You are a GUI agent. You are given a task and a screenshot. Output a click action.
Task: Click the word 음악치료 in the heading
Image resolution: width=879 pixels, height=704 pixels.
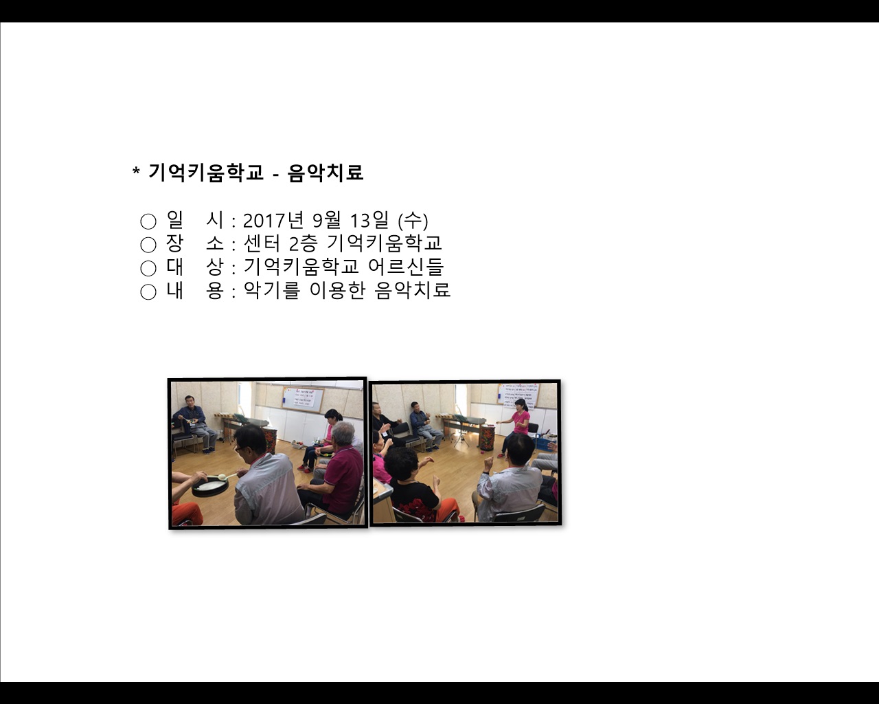pyautogui.click(x=326, y=173)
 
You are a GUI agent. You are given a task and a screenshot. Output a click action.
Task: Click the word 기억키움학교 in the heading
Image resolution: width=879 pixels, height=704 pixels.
pyautogui.click(x=206, y=173)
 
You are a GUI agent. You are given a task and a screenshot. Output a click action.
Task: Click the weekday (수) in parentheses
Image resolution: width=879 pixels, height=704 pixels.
pyautogui.click(x=413, y=221)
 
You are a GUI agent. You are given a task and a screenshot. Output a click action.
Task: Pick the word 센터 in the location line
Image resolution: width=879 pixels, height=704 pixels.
pyautogui.click(x=260, y=244)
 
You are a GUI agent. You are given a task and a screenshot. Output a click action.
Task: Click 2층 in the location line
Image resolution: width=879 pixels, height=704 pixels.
pyautogui.click(x=304, y=244)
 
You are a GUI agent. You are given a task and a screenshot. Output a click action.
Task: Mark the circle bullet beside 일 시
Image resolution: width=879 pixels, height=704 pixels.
pyautogui.click(x=148, y=221)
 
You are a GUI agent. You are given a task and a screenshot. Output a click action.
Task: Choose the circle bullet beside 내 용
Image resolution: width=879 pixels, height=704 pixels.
pyautogui.click(x=148, y=292)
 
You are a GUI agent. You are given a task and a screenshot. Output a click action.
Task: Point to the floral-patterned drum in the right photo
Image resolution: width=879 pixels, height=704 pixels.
pyautogui.click(x=487, y=438)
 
